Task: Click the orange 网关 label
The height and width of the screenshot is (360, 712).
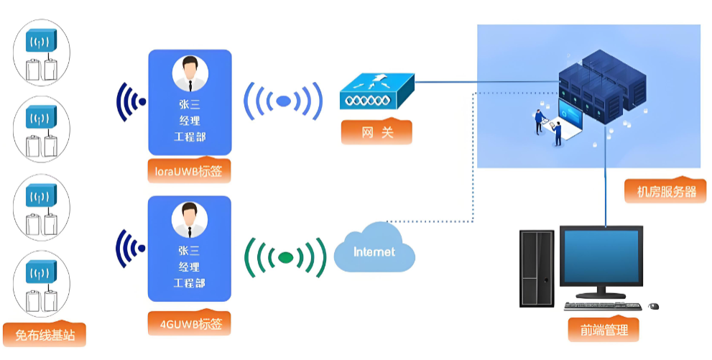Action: tap(377, 132)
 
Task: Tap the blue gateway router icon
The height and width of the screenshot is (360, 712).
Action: tap(377, 92)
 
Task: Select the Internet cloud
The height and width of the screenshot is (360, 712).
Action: tap(374, 249)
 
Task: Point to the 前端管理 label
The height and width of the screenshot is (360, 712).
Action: tap(604, 330)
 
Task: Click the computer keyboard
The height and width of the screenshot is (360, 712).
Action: tap(603, 306)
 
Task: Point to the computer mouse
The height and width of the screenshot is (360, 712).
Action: tap(653, 306)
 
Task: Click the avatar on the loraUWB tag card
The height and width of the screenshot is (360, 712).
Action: tap(190, 73)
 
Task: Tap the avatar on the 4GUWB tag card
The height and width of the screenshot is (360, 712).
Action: tap(190, 220)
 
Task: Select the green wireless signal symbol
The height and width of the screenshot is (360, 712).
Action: tap(285, 257)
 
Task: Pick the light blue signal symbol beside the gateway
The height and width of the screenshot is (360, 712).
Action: tap(283, 101)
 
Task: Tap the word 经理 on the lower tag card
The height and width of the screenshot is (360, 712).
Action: tap(190, 267)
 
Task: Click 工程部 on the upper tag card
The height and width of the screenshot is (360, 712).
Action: tap(190, 136)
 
